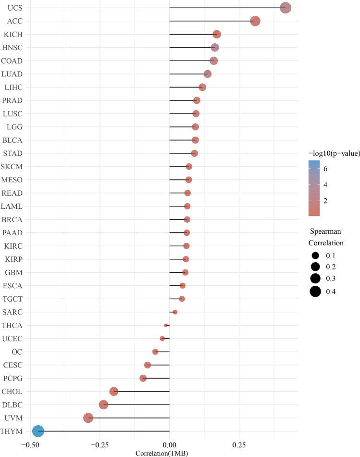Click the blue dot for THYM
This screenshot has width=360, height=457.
(x=38, y=431)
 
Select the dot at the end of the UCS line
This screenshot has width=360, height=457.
(x=286, y=8)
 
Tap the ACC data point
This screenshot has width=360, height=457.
(x=255, y=21)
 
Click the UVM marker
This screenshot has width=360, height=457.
(x=88, y=418)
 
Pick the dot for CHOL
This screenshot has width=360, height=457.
(x=114, y=392)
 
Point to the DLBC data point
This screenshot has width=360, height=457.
(x=103, y=405)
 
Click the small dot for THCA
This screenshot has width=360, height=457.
(x=166, y=325)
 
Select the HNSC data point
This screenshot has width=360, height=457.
(x=215, y=48)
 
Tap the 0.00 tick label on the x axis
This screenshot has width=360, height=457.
(x=170, y=445)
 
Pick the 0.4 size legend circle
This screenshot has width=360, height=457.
(x=315, y=291)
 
